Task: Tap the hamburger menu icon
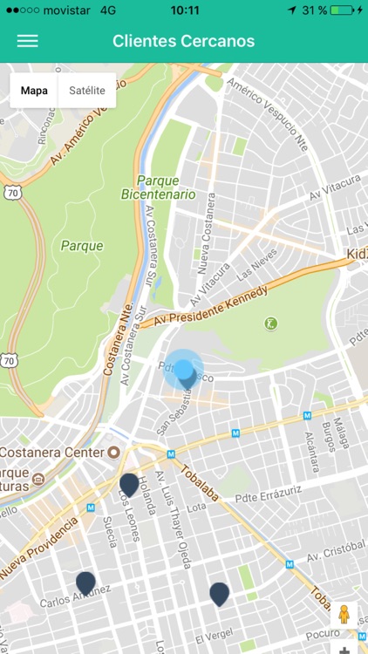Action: pyautogui.click(x=28, y=41)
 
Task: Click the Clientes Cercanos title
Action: pyautogui.click(x=183, y=41)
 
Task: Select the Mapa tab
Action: pyautogui.click(x=34, y=90)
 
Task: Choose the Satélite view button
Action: pyautogui.click(x=86, y=90)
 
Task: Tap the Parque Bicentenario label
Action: pyautogui.click(x=158, y=187)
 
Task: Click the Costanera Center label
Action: pyautogui.click(x=52, y=453)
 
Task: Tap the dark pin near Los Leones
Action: pyautogui.click(x=129, y=485)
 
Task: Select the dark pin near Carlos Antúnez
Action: pyautogui.click(x=85, y=582)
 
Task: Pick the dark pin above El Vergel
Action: pyautogui.click(x=219, y=594)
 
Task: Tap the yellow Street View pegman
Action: pyautogui.click(x=344, y=613)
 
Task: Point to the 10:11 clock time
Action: pyautogui.click(x=184, y=10)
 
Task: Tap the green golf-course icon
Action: pyautogui.click(x=271, y=324)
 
